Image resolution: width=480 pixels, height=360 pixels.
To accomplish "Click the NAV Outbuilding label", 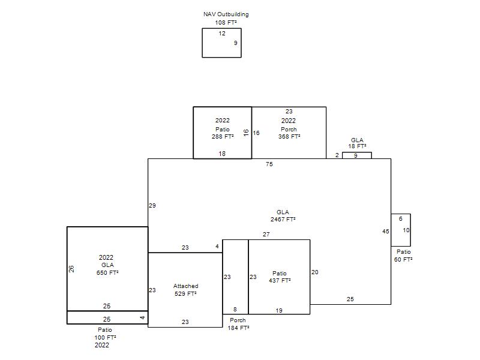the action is coord(226,14).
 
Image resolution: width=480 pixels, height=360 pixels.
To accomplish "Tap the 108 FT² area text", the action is coord(226,22).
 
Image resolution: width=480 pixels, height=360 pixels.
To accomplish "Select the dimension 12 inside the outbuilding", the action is coord(222,34).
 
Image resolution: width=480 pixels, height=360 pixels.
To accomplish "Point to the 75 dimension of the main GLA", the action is coord(269,164).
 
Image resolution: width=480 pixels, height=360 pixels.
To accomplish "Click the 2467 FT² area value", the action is coord(283,220).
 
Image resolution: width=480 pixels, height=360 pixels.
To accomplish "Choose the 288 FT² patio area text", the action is coord(223,137).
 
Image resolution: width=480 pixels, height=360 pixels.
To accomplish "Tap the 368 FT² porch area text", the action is coord(289,137).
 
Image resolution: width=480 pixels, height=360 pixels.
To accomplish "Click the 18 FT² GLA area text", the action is coord(357,146).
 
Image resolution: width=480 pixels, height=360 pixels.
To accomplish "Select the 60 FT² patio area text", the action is coord(403,260).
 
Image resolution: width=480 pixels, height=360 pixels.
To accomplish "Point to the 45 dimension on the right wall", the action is coord(386,232).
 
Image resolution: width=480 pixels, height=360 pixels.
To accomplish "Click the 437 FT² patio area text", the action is coord(280,280).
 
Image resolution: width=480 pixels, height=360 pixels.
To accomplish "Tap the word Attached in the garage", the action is coord(186,286).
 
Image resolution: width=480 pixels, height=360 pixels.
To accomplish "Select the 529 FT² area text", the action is coord(185,294).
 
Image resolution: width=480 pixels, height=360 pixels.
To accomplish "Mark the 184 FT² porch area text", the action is coord(238,328).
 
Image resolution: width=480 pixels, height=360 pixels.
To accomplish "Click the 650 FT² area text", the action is coord(107,273).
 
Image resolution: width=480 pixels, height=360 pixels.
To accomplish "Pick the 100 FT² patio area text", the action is coord(106,338).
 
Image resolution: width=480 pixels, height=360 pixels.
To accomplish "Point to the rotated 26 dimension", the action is coord(71,269).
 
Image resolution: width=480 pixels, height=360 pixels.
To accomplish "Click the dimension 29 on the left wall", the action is coord(152,206).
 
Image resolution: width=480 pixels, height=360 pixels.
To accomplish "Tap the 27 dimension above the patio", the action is coord(266,235).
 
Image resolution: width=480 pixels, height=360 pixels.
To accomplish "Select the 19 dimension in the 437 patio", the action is coord(279,311).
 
